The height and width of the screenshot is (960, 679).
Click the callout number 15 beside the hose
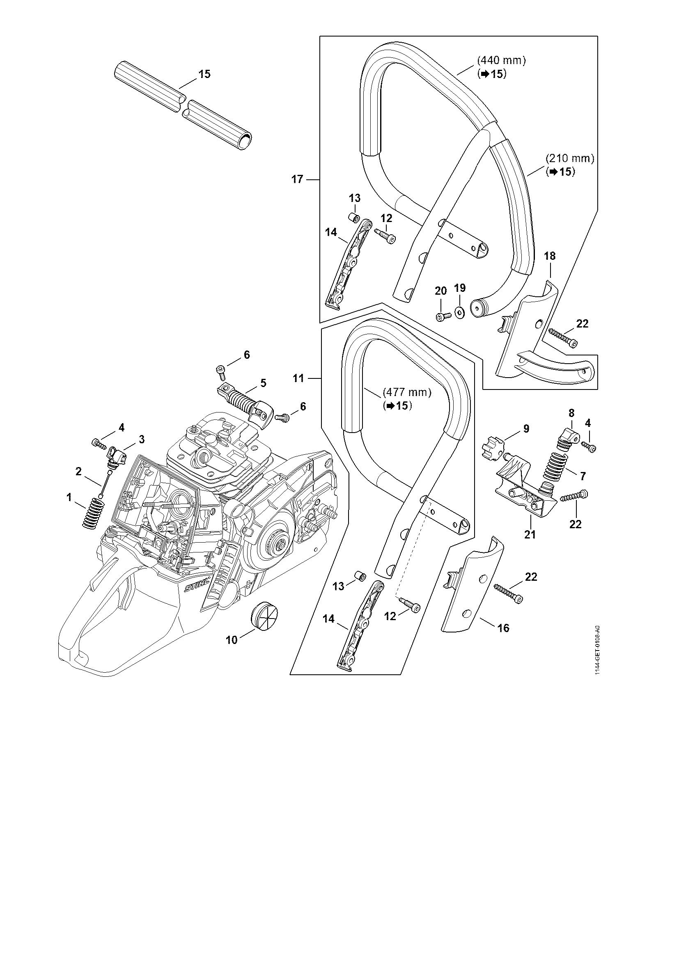(x=204, y=74)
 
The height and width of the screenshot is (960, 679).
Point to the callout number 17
(x=297, y=179)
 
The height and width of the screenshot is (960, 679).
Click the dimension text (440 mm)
(x=501, y=60)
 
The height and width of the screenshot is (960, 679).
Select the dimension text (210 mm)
(x=570, y=159)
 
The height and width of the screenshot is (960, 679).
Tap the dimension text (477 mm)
(x=407, y=393)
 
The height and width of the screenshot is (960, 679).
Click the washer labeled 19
(x=460, y=312)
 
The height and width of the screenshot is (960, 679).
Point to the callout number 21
(x=530, y=534)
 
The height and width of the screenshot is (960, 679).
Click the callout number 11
(x=298, y=378)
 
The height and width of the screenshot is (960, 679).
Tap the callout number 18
(x=550, y=255)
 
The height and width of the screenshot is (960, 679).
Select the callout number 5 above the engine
(x=264, y=382)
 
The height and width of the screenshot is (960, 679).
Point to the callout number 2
(x=78, y=471)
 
